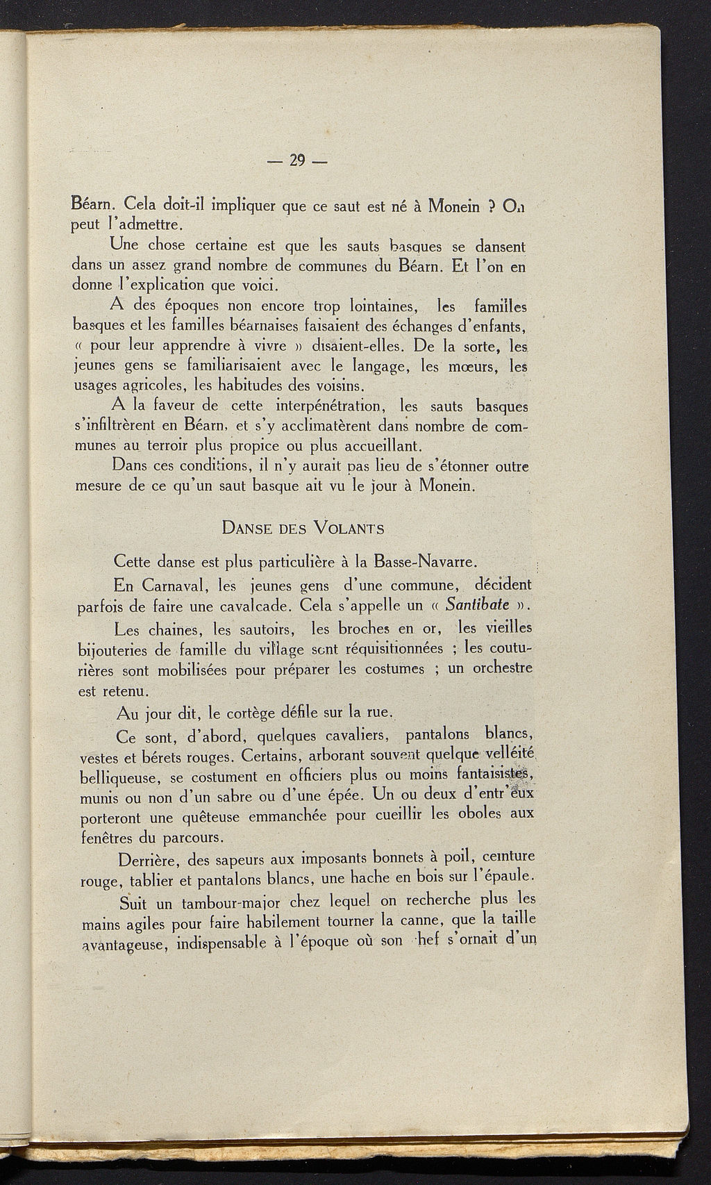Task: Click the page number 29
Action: tap(298, 160)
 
